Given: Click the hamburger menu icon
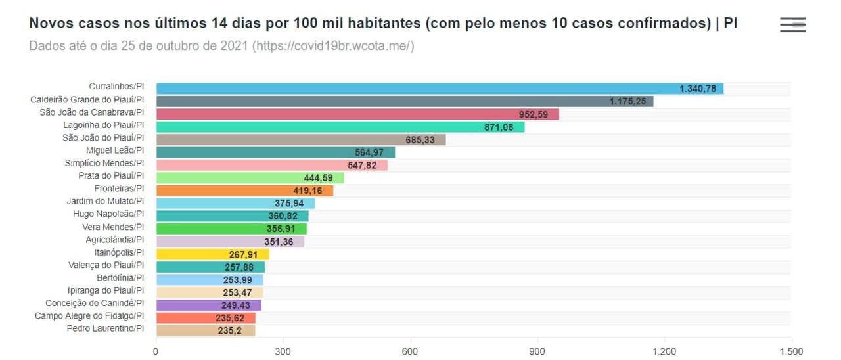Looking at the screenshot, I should (792, 25).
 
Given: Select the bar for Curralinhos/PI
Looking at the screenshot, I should (439, 89).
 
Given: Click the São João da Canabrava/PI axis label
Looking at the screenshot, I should (91, 112).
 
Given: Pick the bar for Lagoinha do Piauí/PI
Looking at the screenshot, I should (340, 127).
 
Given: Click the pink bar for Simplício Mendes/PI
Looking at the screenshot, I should (271, 165).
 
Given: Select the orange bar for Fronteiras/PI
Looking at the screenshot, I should (244, 191).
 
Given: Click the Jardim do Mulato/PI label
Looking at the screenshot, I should (105, 202).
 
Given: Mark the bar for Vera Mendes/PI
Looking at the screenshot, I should (231, 229).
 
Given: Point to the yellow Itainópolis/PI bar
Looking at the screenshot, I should (212, 254).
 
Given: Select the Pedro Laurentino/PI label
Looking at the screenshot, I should (105, 328).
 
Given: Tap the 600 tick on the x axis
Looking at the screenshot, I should (410, 351).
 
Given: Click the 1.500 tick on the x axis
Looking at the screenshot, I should (791, 351).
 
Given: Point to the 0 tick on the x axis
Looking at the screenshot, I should (156, 351).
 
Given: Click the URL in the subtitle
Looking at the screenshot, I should (332, 47).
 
